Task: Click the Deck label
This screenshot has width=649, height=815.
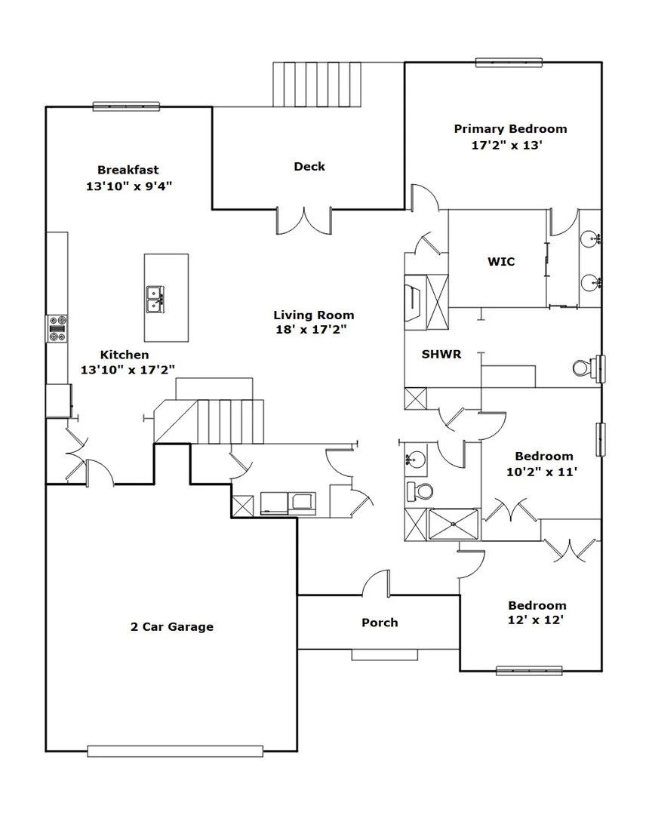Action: [309, 166]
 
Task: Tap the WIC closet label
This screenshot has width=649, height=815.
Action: [501, 261]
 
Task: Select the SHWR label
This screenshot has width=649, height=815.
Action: [441, 354]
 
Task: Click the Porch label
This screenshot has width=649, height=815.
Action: [380, 622]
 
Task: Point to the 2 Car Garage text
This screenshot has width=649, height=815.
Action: [172, 626]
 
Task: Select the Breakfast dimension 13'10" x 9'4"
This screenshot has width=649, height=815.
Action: [129, 186]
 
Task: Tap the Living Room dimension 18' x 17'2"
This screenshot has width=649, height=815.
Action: [311, 329]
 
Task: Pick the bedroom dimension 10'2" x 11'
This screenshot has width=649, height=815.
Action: [542, 472]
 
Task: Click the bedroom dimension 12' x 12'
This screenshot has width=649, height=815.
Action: [536, 620]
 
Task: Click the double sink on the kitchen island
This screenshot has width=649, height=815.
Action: [155, 299]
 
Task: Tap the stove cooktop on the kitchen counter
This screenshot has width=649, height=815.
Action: [57, 328]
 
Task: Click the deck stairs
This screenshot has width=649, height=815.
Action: [317, 85]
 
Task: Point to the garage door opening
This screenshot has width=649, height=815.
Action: [175, 751]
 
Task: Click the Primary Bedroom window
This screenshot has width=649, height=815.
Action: [509, 63]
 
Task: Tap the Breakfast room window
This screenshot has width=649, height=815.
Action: [126, 106]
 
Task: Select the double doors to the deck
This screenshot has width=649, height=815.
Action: [304, 221]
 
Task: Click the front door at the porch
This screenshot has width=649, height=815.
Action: [376, 583]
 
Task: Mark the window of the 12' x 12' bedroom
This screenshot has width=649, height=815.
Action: [529, 671]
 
